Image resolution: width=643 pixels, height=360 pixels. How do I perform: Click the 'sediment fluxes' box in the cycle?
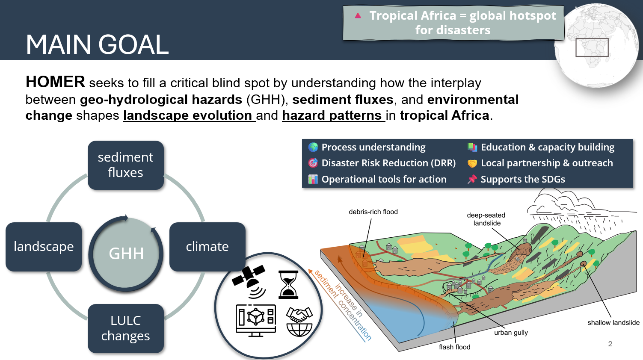(x=126, y=165)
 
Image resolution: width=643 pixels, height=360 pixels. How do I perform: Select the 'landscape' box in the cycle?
(x=44, y=247)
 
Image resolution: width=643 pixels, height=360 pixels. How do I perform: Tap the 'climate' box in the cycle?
(x=207, y=247)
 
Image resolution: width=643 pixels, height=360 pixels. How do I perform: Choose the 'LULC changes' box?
(x=126, y=328)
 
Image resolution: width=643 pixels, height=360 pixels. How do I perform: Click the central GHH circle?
(x=126, y=254)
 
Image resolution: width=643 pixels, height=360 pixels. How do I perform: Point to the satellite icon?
(x=249, y=281)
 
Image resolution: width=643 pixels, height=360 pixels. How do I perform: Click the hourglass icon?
(x=288, y=285)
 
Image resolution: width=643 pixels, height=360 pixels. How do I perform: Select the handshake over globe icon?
(x=299, y=322)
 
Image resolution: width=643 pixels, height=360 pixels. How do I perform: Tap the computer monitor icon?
(x=256, y=320)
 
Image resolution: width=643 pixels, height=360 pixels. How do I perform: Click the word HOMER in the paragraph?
(x=55, y=82)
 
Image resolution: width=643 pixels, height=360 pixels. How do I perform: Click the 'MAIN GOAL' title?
(x=97, y=44)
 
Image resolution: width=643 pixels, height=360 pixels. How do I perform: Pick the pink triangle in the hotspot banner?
(x=358, y=15)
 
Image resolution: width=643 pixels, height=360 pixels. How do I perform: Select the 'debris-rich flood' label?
(x=373, y=212)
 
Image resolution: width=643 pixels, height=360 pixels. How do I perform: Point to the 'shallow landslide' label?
(x=613, y=323)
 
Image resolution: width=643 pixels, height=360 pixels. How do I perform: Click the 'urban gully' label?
(x=511, y=333)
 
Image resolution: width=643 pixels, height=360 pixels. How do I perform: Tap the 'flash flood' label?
(x=454, y=347)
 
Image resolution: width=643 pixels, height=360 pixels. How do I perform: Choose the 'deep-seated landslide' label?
(x=486, y=219)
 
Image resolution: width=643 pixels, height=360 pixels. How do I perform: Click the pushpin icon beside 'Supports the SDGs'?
(x=472, y=179)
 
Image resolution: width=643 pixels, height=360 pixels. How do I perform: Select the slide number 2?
(x=610, y=344)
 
